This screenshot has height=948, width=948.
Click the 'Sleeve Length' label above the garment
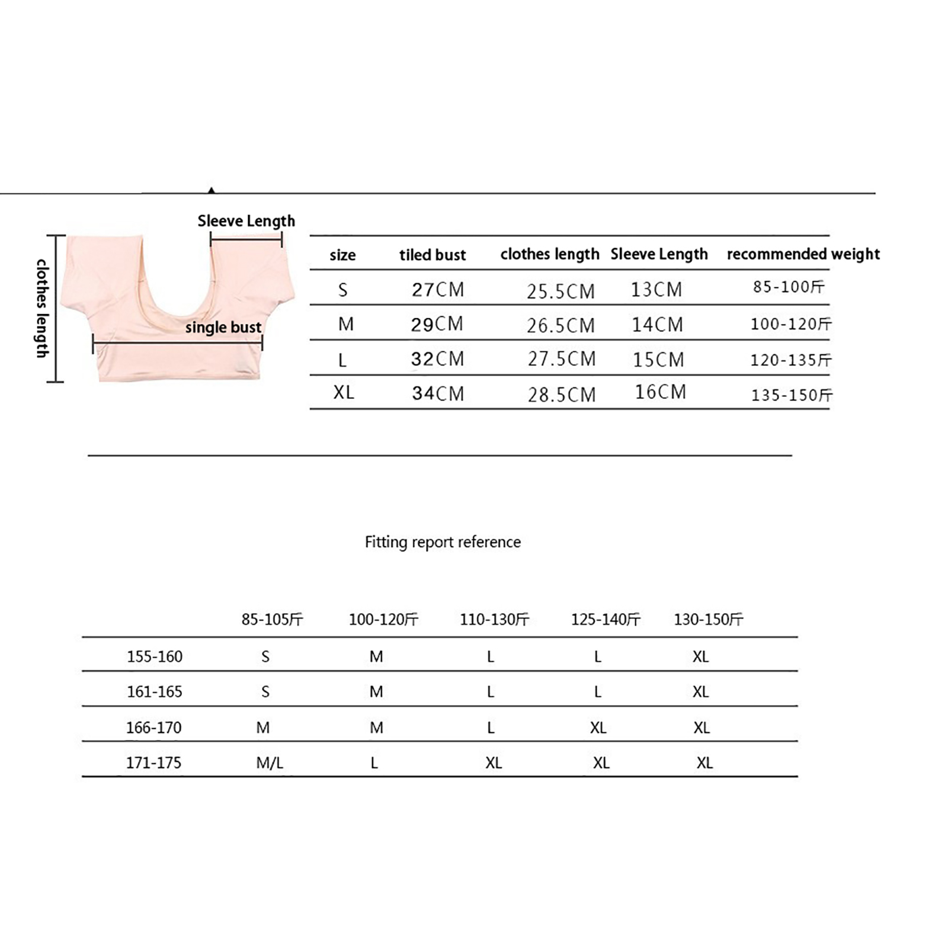tap(246, 221)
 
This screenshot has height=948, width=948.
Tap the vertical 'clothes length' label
tap(41, 308)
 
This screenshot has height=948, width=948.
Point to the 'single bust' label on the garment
tap(223, 328)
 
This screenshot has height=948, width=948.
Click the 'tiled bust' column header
tap(433, 255)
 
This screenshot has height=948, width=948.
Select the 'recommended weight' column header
tap(803, 254)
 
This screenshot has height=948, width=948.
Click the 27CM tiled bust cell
tap(438, 290)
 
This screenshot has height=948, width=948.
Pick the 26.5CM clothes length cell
tap(561, 325)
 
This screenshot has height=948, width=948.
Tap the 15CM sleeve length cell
tap(658, 360)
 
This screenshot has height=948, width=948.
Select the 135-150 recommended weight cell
tap(792, 395)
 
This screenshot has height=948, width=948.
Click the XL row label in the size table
tap(344, 393)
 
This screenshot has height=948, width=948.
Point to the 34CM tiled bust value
tap(438, 393)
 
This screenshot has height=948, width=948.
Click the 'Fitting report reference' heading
tap(443, 542)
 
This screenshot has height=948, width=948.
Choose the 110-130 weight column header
tap(494, 620)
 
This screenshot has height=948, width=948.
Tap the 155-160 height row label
tap(155, 656)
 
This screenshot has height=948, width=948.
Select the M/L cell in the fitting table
tap(270, 763)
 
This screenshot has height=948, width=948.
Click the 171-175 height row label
tap(153, 763)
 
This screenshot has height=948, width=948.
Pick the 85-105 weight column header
tap(272, 620)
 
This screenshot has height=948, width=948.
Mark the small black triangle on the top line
tap(212, 190)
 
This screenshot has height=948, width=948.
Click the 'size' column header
tap(342, 255)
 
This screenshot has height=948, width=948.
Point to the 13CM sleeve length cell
tap(656, 290)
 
